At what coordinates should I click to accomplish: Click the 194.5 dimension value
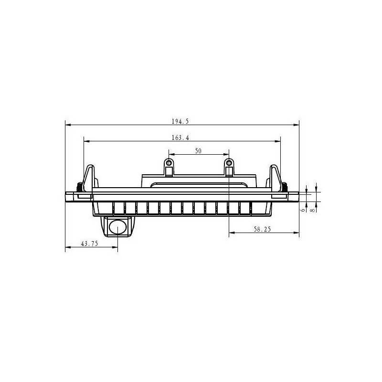point(180,121)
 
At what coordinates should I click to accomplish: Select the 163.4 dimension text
point(180,138)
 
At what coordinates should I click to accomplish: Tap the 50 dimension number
point(198,151)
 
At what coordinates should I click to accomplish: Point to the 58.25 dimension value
point(262,229)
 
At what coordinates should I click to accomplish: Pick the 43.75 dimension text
point(89,244)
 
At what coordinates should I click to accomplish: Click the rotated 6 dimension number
point(303,210)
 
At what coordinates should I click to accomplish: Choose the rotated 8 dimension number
point(313,210)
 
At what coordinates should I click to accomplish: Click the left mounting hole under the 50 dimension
point(169,163)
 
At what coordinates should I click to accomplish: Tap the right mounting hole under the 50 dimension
point(229,163)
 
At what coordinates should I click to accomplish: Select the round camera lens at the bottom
point(118,227)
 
